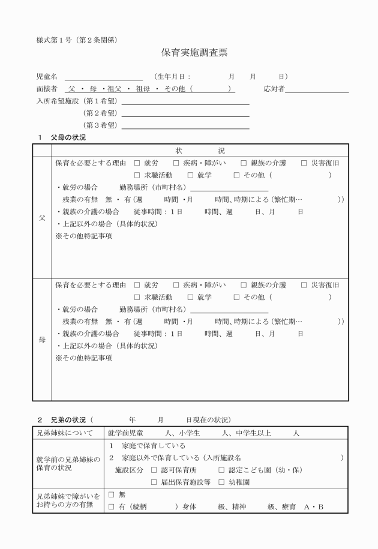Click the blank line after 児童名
click(104, 79)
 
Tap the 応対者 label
click(274, 89)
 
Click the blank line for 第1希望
click(185, 103)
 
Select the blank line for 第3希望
click(185, 127)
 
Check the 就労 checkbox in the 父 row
click(137, 163)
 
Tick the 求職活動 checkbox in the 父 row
click(137, 175)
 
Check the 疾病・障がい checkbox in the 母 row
click(176, 285)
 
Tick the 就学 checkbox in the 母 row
click(190, 297)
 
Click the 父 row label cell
click(42, 218)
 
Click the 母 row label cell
click(42, 340)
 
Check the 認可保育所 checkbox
click(154, 470)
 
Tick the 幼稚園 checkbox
click(222, 482)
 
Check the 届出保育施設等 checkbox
click(154, 482)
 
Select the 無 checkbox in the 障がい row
click(111, 495)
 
